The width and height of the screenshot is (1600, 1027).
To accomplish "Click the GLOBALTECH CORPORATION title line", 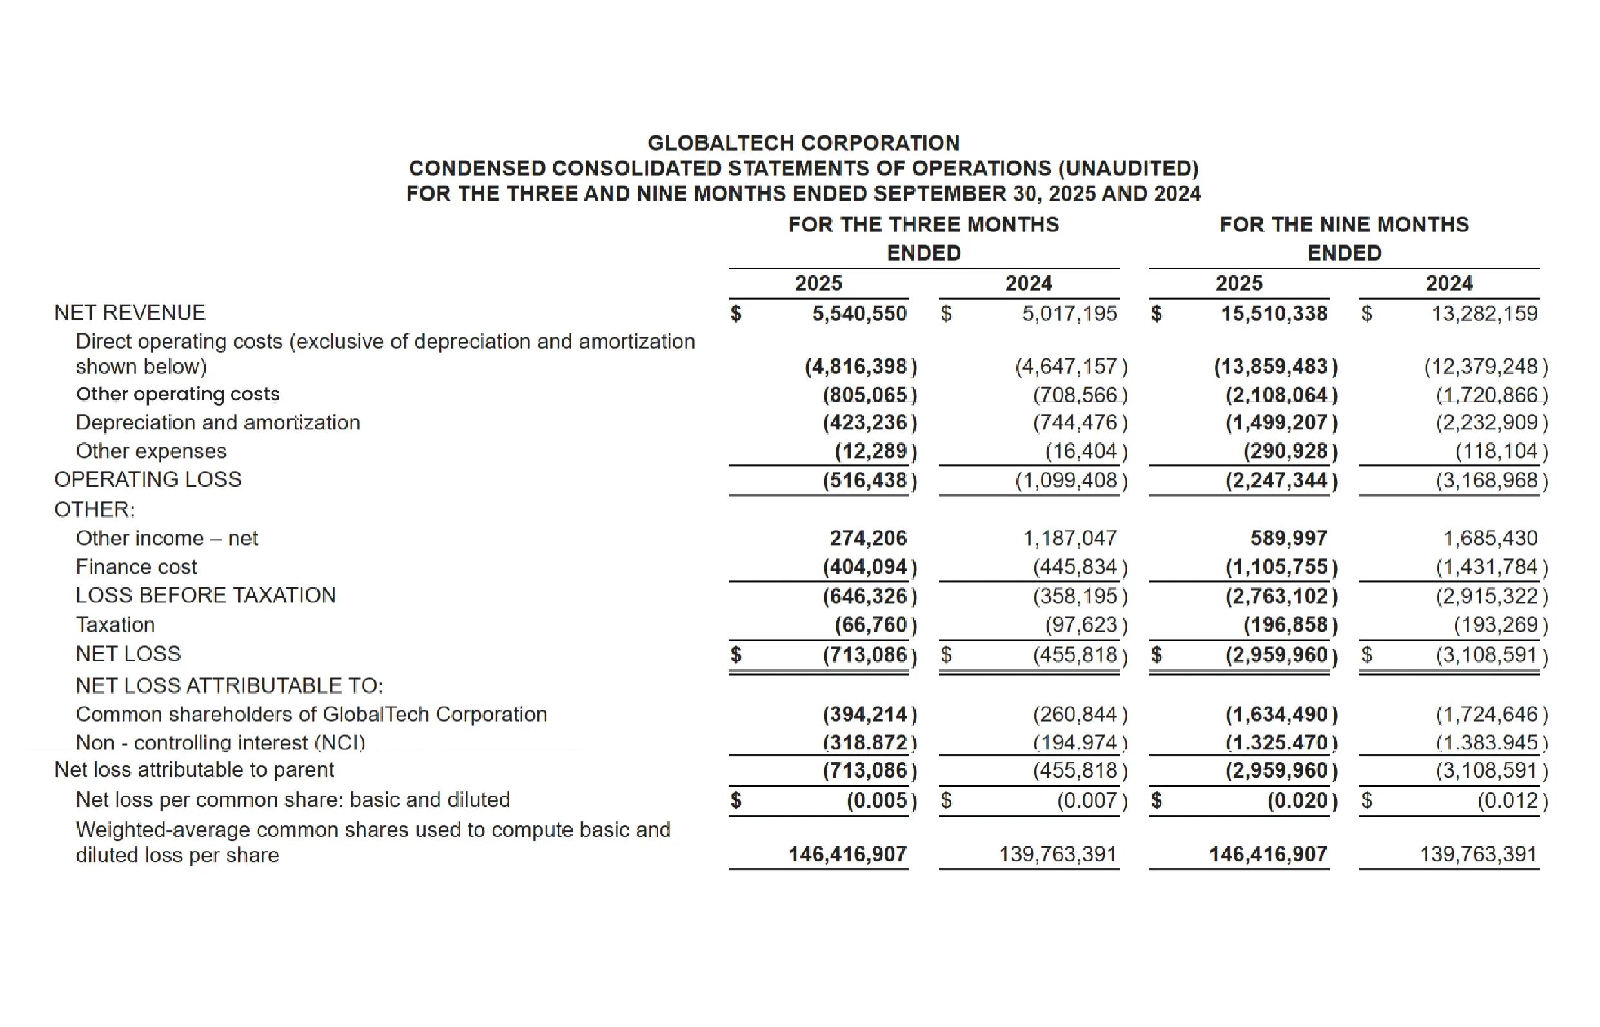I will pyautogui.click(x=803, y=142).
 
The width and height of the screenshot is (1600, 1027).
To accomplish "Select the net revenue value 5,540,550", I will pyautogui.click(x=859, y=313).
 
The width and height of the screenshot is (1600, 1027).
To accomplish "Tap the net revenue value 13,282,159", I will pyautogui.click(x=1484, y=313).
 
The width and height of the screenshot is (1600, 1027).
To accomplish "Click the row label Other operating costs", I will pyautogui.click(x=177, y=394).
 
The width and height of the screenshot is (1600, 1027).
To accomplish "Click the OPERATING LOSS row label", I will pyautogui.click(x=148, y=480).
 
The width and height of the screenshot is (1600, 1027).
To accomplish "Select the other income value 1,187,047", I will pyautogui.click(x=1069, y=538).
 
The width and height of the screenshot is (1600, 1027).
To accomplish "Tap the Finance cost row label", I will pyautogui.click(x=136, y=567).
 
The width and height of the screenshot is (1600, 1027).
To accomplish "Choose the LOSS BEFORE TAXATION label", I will pyautogui.click(x=206, y=595).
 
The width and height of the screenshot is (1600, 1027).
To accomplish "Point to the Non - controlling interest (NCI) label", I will pyautogui.click(x=220, y=742).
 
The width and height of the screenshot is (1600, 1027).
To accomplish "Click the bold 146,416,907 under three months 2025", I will pyautogui.click(x=847, y=854).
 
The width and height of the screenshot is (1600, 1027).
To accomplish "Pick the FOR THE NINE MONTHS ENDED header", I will pyautogui.click(x=1344, y=238).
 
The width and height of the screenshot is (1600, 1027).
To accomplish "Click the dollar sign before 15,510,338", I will pyautogui.click(x=1156, y=313).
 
